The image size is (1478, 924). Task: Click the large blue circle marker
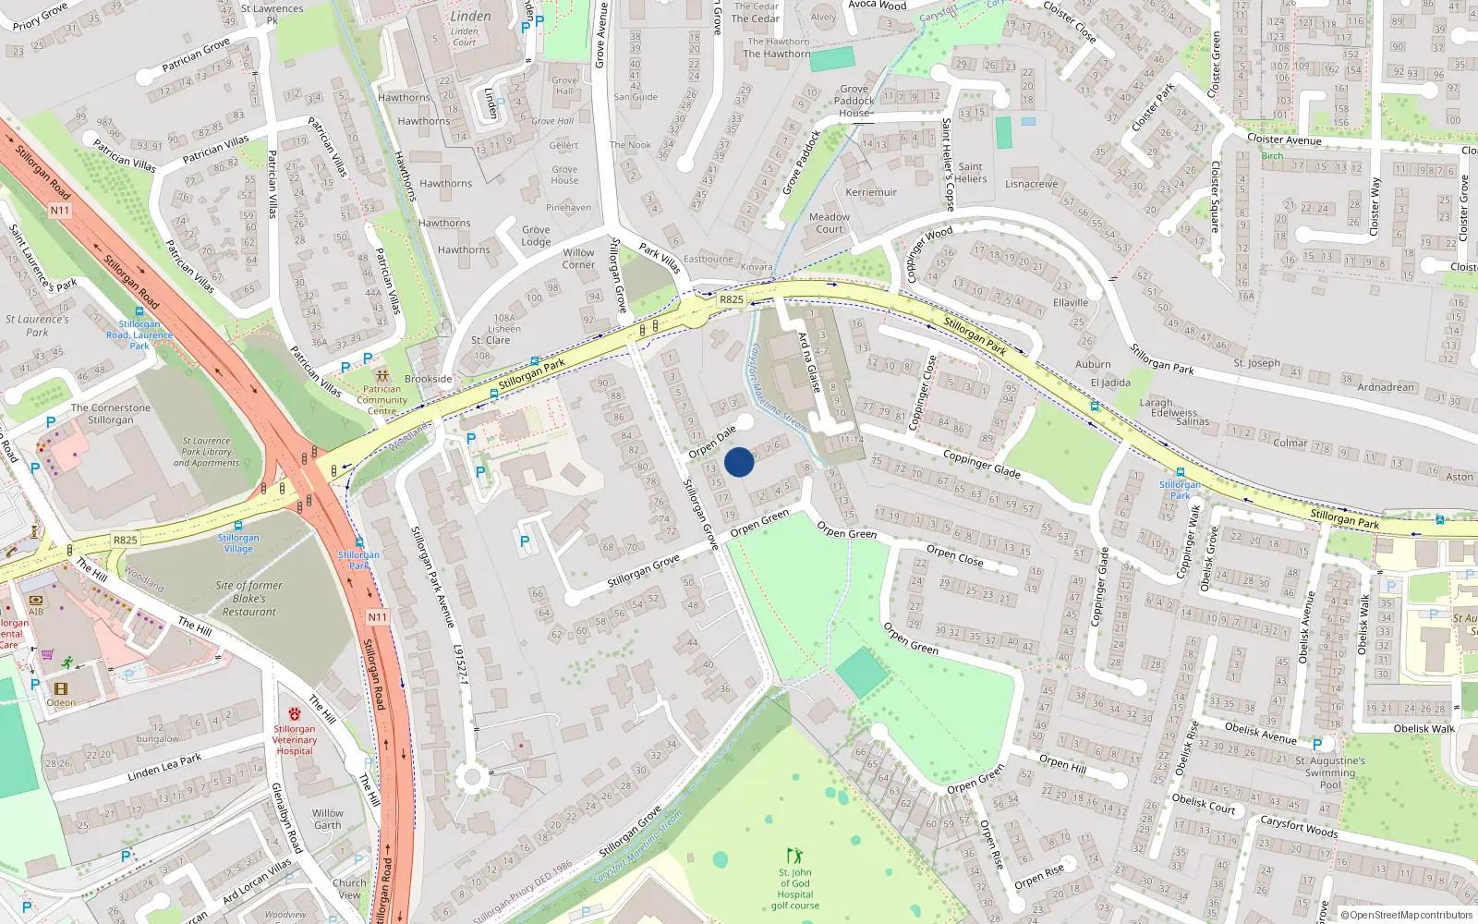[x=739, y=462]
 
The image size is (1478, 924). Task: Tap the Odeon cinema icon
[x=61, y=689]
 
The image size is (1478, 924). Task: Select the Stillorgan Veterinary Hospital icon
[x=295, y=714]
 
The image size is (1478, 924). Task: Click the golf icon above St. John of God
[x=794, y=856]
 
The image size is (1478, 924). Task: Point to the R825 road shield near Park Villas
[x=731, y=299]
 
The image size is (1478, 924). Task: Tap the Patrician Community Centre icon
[x=382, y=377]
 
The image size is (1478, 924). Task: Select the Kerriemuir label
[x=871, y=192]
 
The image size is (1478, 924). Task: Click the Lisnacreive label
[x=1032, y=184]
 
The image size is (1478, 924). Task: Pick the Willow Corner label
[x=579, y=259]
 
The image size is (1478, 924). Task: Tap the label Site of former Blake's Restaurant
[x=248, y=599]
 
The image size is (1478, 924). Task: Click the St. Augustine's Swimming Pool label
[x=1330, y=772]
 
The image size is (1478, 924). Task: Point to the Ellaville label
[x=1071, y=303]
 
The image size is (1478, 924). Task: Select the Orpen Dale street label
[x=712, y=442]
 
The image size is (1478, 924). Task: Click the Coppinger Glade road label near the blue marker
[x=981, y=464]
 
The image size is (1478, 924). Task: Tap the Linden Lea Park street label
[x=164, y=767]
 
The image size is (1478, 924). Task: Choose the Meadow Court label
[x=830, y=223]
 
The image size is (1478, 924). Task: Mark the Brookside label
[x=429, y=379]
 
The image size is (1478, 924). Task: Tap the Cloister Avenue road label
[x=1284, y=140]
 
